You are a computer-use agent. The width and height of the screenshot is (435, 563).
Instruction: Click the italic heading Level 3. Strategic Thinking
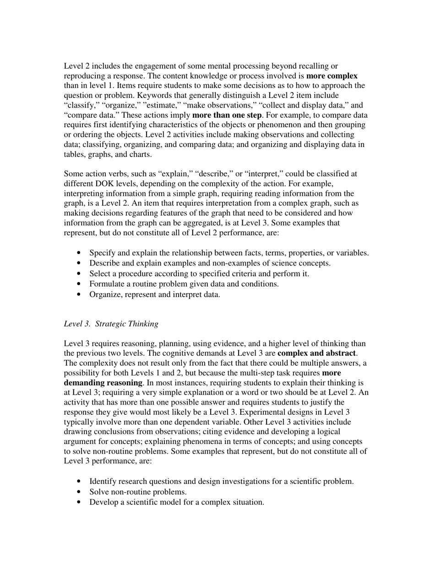[111, 324]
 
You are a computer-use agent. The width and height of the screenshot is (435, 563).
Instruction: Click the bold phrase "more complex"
[332, 76]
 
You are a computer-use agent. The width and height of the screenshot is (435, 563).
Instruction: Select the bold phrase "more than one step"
[227, 115]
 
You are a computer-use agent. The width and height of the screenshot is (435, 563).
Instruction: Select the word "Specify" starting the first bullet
[103, 253]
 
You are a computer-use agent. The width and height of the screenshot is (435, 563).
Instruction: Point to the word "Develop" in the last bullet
[104, 502]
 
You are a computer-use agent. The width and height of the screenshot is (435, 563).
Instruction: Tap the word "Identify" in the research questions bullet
[103, 482]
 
